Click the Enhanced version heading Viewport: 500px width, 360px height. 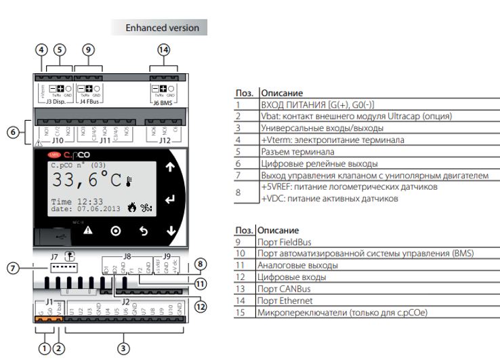(163, 28)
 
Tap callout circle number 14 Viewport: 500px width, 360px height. (163, 49)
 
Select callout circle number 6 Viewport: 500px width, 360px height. (13, 132)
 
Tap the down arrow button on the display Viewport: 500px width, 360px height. (170, 231)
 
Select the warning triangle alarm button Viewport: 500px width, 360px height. (87, 231)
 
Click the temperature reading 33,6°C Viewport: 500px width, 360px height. (84, 181)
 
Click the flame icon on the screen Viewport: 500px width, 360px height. (131, 207)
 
